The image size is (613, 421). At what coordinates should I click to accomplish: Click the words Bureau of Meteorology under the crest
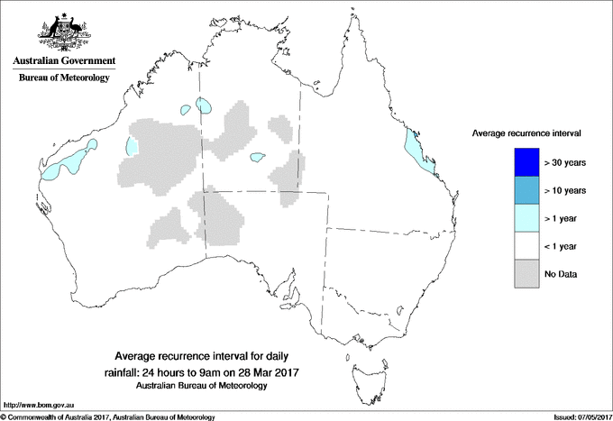pos(63,78)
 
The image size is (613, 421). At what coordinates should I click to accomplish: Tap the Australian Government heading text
pos(63,61)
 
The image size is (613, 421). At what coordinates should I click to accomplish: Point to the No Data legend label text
pos(562,273)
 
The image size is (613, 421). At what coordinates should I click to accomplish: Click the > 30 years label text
pos(565,163)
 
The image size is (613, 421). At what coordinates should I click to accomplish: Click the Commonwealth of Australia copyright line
pos(108,416)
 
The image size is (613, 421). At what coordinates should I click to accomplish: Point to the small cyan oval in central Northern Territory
pos(258,159)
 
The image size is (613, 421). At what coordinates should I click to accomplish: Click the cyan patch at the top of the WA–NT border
pos(206,106)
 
